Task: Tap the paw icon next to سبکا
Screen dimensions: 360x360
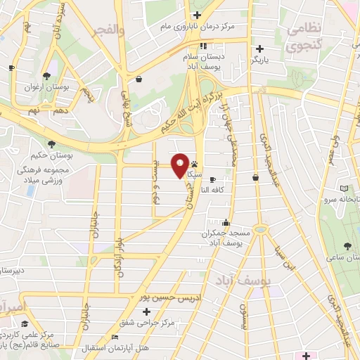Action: coord(193,163)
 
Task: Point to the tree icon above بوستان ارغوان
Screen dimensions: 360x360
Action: coord(46,75)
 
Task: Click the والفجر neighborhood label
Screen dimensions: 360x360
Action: coord(110,30)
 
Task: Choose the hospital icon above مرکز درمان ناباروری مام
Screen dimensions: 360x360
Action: coord(198,15)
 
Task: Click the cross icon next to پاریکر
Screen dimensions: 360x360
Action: coord(260,49)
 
